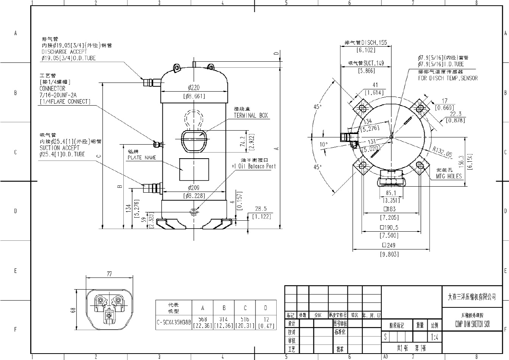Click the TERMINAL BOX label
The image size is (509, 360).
pyautogui.click(x=251, y=115)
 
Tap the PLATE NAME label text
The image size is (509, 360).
pyautogui.click(x=142, y=157)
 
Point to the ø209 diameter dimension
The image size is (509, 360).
pyautogui.click(x=194, y=188)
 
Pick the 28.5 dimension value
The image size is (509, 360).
pyautogui.click(x=261, y=209)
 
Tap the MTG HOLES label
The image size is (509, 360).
pyautogui.click(x=449, y=176)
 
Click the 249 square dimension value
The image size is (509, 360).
pyautogui.click(x=389, y=245)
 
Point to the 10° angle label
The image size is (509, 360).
pyautogui.click(x=324, y=144)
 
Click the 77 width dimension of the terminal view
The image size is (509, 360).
pyautogui.click(x=109, y=273)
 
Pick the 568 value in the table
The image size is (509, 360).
pyautogui.click(x=202, y=319)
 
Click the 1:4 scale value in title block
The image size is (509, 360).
pyautogui.click(x=434, y=337)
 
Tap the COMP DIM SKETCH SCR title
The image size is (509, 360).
pyautogui.click(x=472, y=324)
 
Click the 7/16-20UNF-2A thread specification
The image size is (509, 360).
pyautogui.click(x=58, y=95)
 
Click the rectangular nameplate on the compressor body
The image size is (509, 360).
pyautogui.click(x=194, y=170)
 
